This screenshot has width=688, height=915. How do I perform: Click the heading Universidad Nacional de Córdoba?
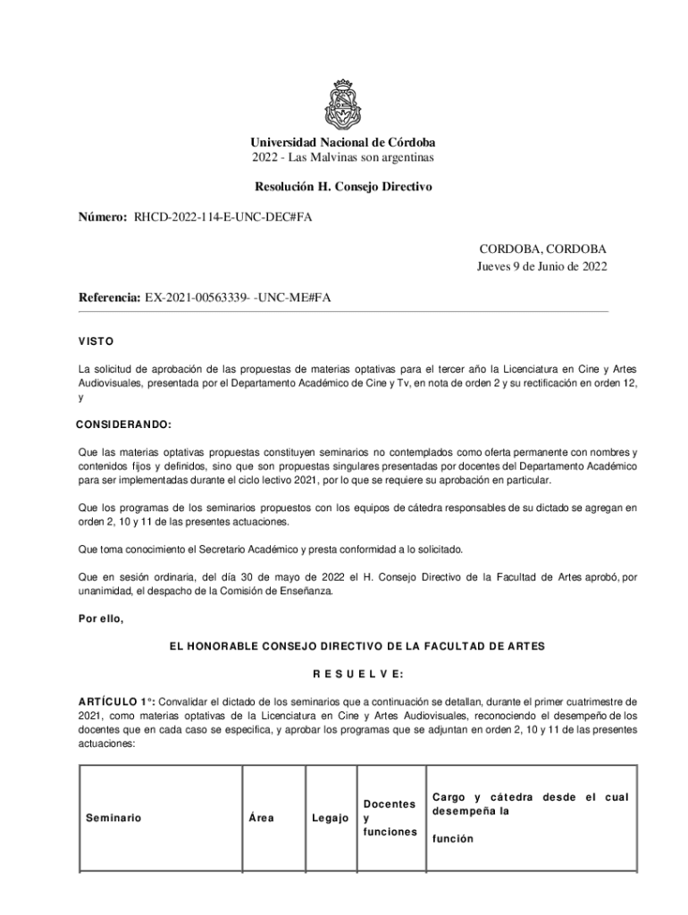pyautogui.click(x=343, y=143)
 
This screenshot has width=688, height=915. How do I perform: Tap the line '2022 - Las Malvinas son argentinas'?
pyautogui.click(x=343, y=158)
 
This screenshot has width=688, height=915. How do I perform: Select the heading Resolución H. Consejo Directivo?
pyautogui.click(x=343, y=187)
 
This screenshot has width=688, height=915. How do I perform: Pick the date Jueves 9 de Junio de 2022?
pyautogui.click(x=540, y=265)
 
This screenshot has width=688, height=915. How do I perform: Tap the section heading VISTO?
pyautogui.click(x=95, y=341)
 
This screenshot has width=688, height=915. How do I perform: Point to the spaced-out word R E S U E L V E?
pyautogui.click(x=343, y=673)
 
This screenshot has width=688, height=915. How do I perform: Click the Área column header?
pyautogui.click(x=262, y=818)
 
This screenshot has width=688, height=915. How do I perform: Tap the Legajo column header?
pyautogui.click(x=330, y=818)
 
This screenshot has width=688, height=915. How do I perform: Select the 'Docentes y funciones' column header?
pyautogui.click(x=390, y=818)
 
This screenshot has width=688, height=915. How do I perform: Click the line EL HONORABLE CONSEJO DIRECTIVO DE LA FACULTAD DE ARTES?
pyautogui.click(x=343, y=645)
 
